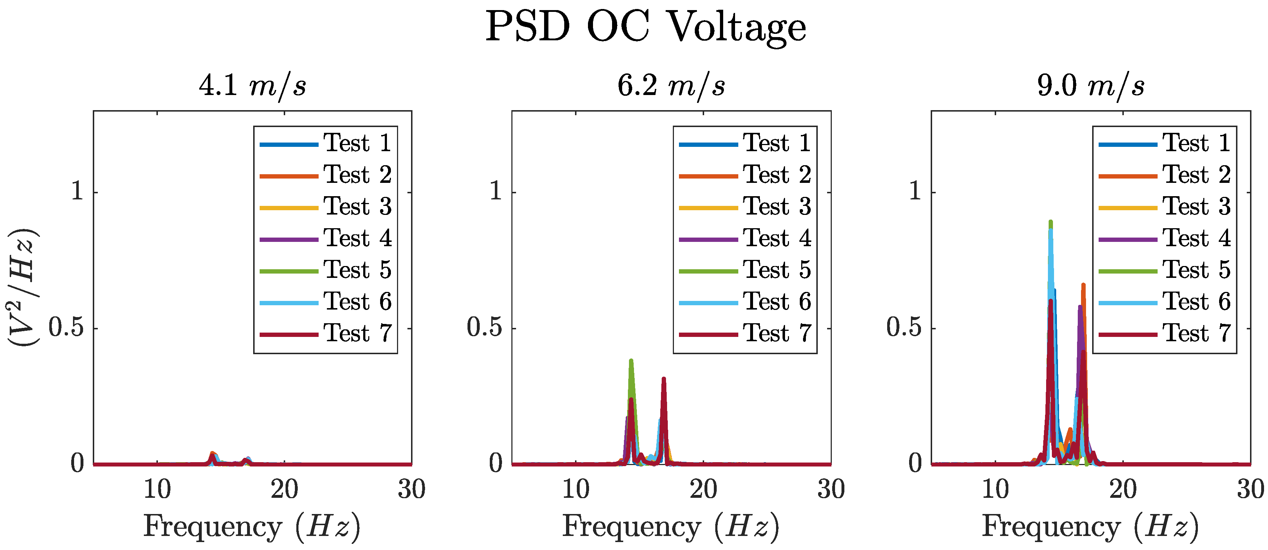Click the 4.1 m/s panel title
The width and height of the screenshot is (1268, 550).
252,86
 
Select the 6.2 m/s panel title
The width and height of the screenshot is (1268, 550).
671,86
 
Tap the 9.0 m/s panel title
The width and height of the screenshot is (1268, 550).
1091,86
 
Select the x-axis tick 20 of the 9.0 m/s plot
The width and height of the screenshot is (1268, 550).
1123,490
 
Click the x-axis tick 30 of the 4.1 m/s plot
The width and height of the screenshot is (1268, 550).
411,490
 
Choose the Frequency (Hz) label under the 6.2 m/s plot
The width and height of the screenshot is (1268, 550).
671,526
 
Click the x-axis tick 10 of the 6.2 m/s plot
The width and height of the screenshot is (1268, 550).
575,490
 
